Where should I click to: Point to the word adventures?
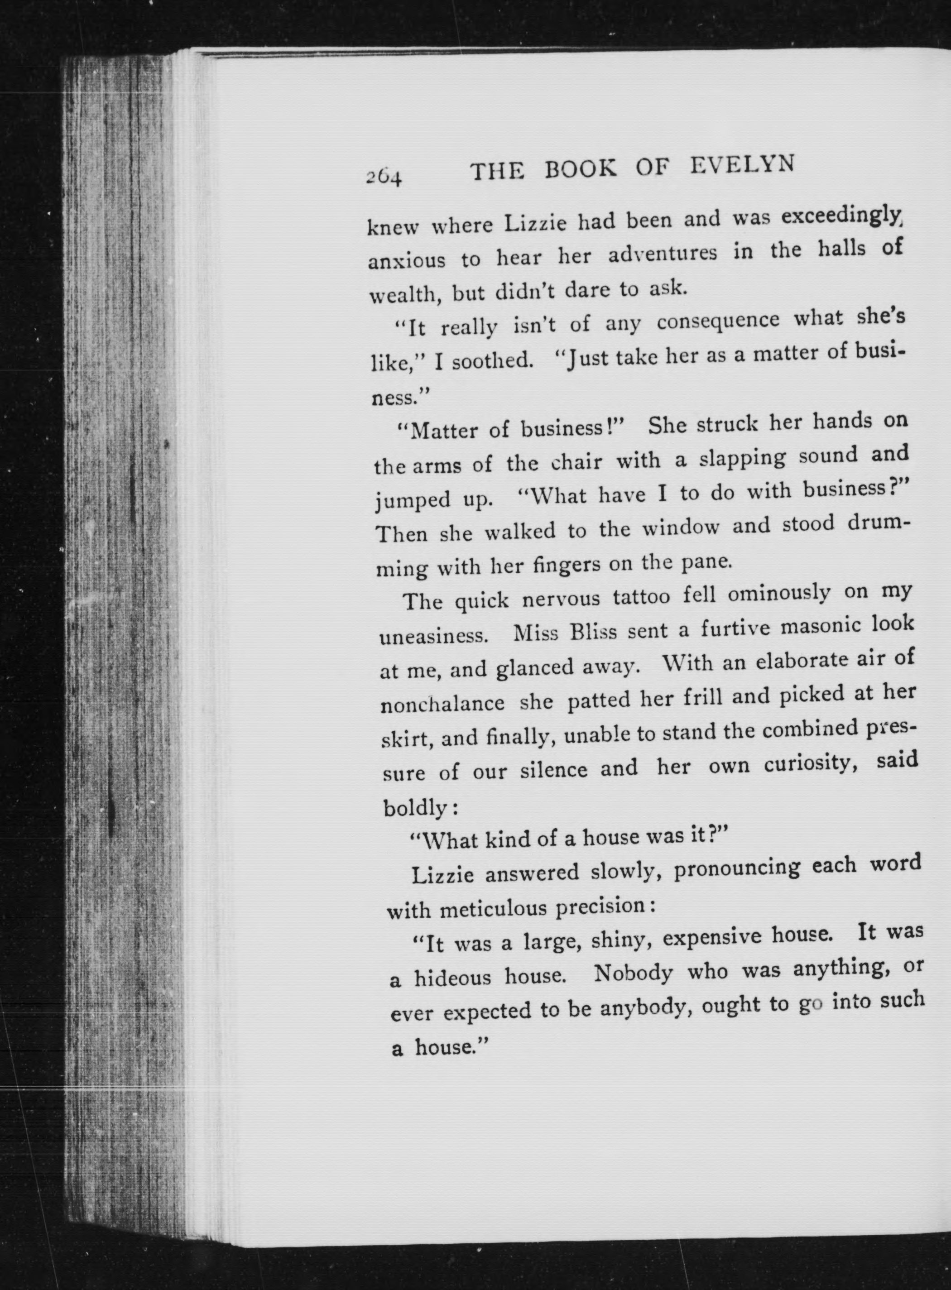pyautogui.click(x=662, y=254)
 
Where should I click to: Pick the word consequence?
pyautogui.click(x=718, y=321)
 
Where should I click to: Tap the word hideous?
pyautogui.click(x=452, y=977)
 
